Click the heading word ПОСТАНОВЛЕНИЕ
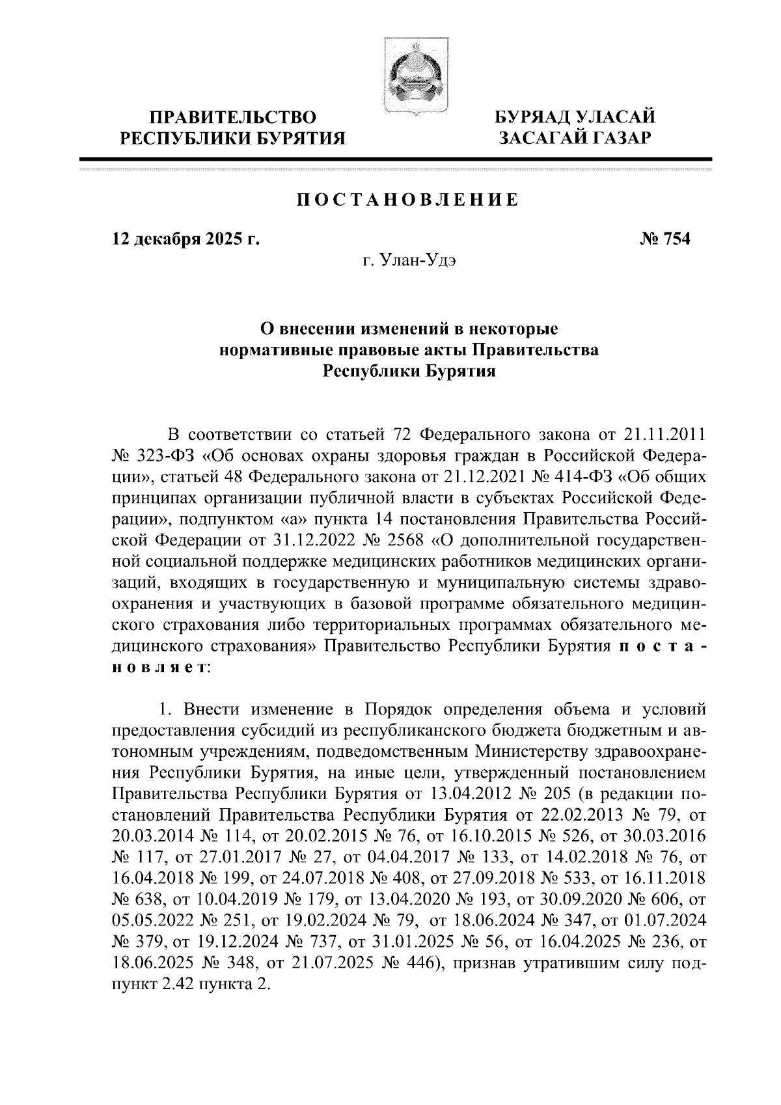tap(408, 200)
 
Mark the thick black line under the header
tap(395, 159)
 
